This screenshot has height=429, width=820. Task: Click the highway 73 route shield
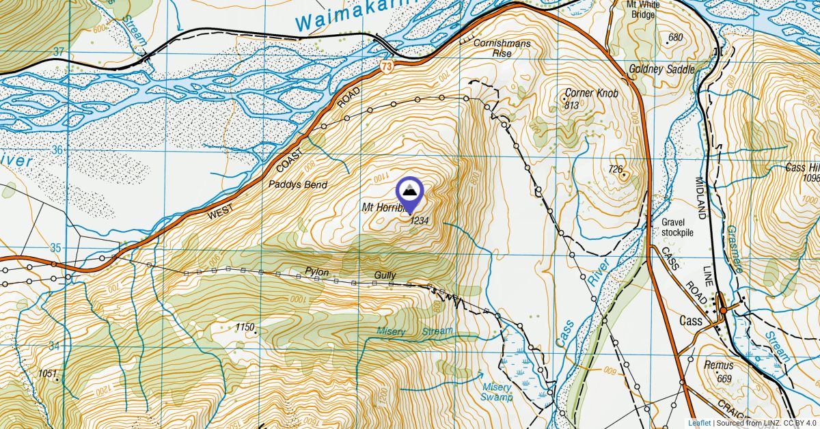coord(387,66)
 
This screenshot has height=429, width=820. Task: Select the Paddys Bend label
coord(297,185)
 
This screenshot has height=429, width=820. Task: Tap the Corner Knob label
coord(592,93)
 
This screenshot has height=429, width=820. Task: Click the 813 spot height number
coord(572,105)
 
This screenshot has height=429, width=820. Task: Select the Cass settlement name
coord(692,320)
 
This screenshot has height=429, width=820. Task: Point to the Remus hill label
coord(718,366)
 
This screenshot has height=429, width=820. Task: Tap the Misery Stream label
coord(415,332)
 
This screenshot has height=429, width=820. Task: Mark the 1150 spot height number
coord(245,328)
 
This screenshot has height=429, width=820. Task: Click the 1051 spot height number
coord(48,373)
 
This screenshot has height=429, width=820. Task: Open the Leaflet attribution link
coord(699,423)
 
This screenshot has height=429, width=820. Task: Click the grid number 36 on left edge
coord(57,150)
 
